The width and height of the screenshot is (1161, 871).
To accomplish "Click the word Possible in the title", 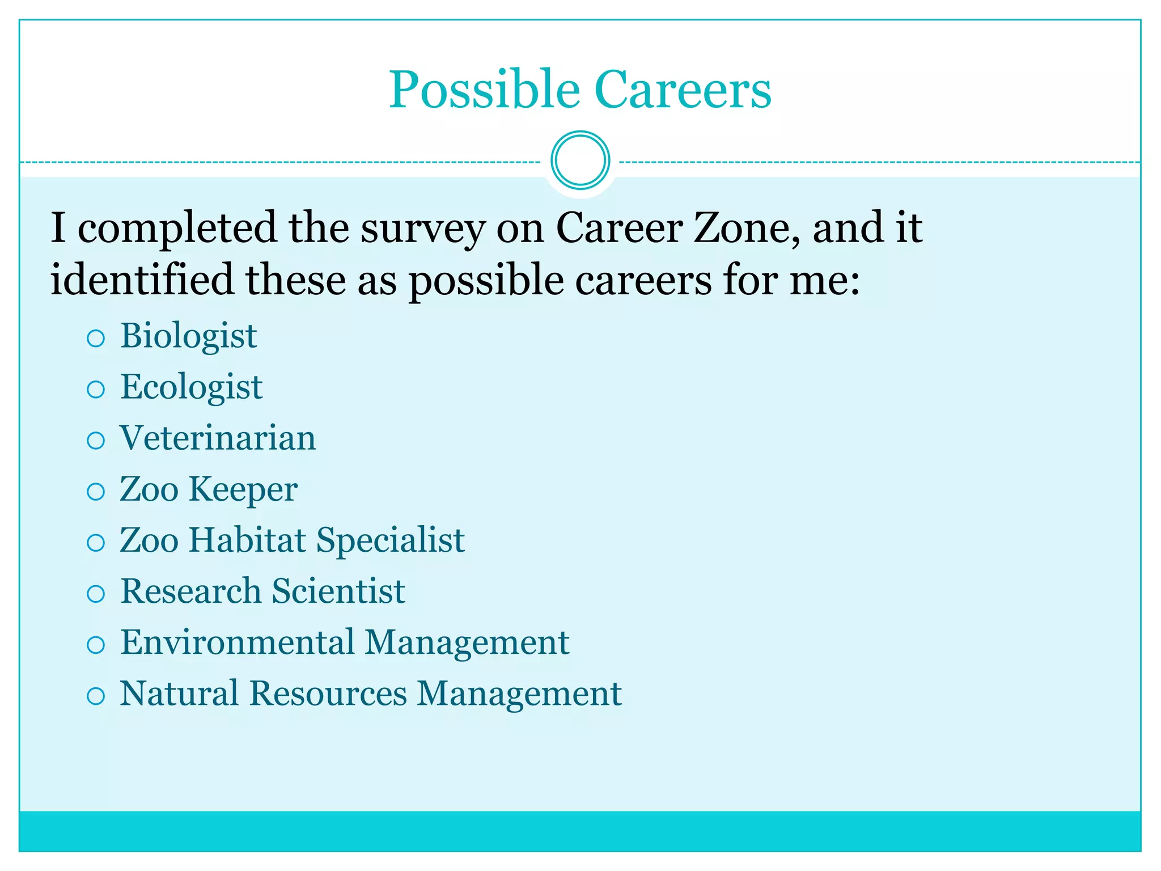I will (x=484, y=91).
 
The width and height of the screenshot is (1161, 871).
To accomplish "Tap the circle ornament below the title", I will (x=580, y=160).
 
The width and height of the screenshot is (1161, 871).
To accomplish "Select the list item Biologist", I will (x=189, y=336).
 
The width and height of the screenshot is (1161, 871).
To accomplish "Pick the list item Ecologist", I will (x=192, y=387).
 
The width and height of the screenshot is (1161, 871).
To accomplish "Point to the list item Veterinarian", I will (x=218, y=438).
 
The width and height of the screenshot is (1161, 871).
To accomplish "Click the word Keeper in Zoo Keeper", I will (x=243, y=489).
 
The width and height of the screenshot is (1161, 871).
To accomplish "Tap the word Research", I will (x=190, y=591).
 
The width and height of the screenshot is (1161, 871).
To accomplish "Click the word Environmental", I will (x=237, y=642).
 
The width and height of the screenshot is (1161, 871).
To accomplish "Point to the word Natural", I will (x=179, y=694).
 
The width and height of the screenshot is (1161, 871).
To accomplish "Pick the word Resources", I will (x=328, y=694).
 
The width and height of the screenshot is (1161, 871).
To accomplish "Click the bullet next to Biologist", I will (x=96, y=339).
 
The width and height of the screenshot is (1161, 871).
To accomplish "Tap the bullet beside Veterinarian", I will (x=96, y=441).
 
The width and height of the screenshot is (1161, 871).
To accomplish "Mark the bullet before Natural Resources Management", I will (x=96, y=696).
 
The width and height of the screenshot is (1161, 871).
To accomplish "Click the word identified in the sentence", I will (x=142, y=280).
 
